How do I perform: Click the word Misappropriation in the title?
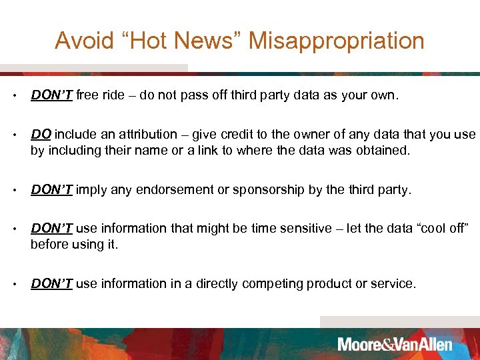click(337, 41)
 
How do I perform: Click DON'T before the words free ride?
click(52, 95)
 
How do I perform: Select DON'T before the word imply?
click(52, 189)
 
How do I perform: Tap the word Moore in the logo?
click(359, 345)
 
